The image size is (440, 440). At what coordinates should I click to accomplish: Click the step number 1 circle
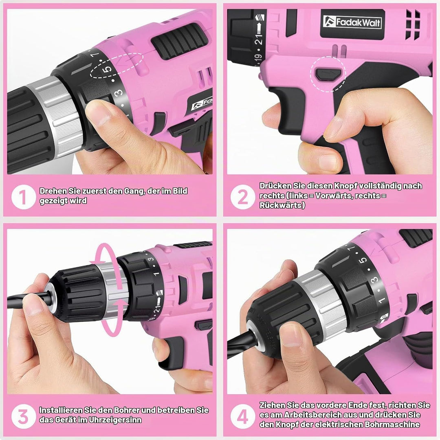click(x=24, y=197)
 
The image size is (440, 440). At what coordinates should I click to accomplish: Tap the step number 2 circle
click(x=243, y=197)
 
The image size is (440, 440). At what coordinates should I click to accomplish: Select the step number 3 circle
click(x=24, y=416)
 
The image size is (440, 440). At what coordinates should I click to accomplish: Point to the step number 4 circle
click(x=243, y=416)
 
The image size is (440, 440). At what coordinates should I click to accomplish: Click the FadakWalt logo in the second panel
click(x=352, y=22)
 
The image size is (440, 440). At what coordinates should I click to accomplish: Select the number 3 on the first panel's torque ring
click(x=119, y=92)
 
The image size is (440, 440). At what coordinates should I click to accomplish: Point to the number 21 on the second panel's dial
click(x=258, y=38)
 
